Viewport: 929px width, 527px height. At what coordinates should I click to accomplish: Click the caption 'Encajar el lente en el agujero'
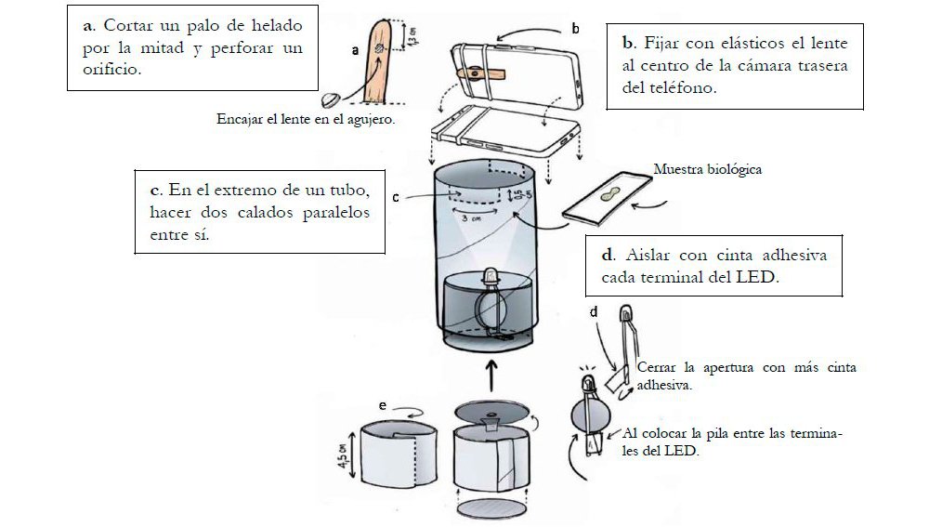point(305,119)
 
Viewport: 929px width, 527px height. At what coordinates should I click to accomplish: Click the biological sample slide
point(609,198)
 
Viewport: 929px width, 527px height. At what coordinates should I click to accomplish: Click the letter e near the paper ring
point(383,405)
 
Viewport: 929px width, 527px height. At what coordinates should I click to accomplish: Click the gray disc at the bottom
point(492,511)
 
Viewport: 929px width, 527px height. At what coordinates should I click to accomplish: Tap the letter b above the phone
point(575,30)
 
